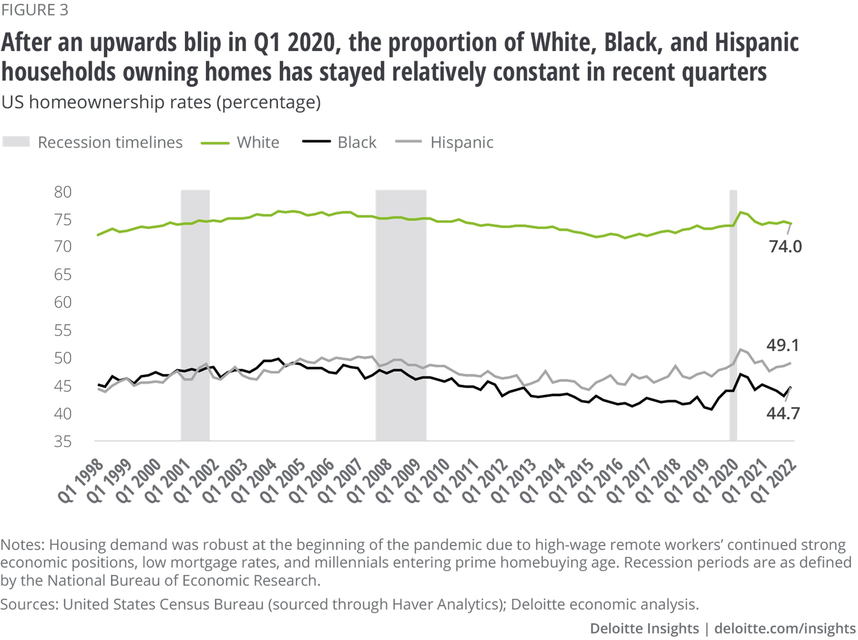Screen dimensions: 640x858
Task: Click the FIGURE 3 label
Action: pyautogui.click(x=35, y=10)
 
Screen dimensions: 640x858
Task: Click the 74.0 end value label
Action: pyautogui.click(x=785, y=247)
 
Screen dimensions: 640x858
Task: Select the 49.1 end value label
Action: pyautogui.click(x=783, y=345)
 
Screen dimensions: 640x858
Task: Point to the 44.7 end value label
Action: pyautogui.click(x=783, y=413)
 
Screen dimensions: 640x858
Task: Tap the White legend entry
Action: pyautogui.click(x=258, y=143)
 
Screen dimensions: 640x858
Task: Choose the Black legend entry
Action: pyautogui.click(x=356, y=143)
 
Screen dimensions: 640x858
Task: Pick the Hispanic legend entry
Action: pyautogui.click(x=462, y=143)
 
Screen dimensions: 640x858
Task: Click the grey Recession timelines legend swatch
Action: pyautogui.click(x=16, y=142)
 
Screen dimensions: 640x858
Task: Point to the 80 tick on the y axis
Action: pyautogui.click(x=63, y=192)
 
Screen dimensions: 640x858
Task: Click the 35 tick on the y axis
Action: pyautogui.click(x=63, y=441)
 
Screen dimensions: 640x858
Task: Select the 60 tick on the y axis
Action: pyautogui.click(x=63, y=303)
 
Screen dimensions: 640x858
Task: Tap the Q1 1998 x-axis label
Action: pyautogui.click(x=81, y=481)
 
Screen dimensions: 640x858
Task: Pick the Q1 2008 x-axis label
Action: pyautogui.click(x=369, y=481)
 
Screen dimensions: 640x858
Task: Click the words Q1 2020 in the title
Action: pyautogui.click(x=295, y=43)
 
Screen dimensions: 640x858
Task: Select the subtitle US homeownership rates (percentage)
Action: pyautogui.click(x=161, y=103)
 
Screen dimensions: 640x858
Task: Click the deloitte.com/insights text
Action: pyautogui.click(x=785, y=628)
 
